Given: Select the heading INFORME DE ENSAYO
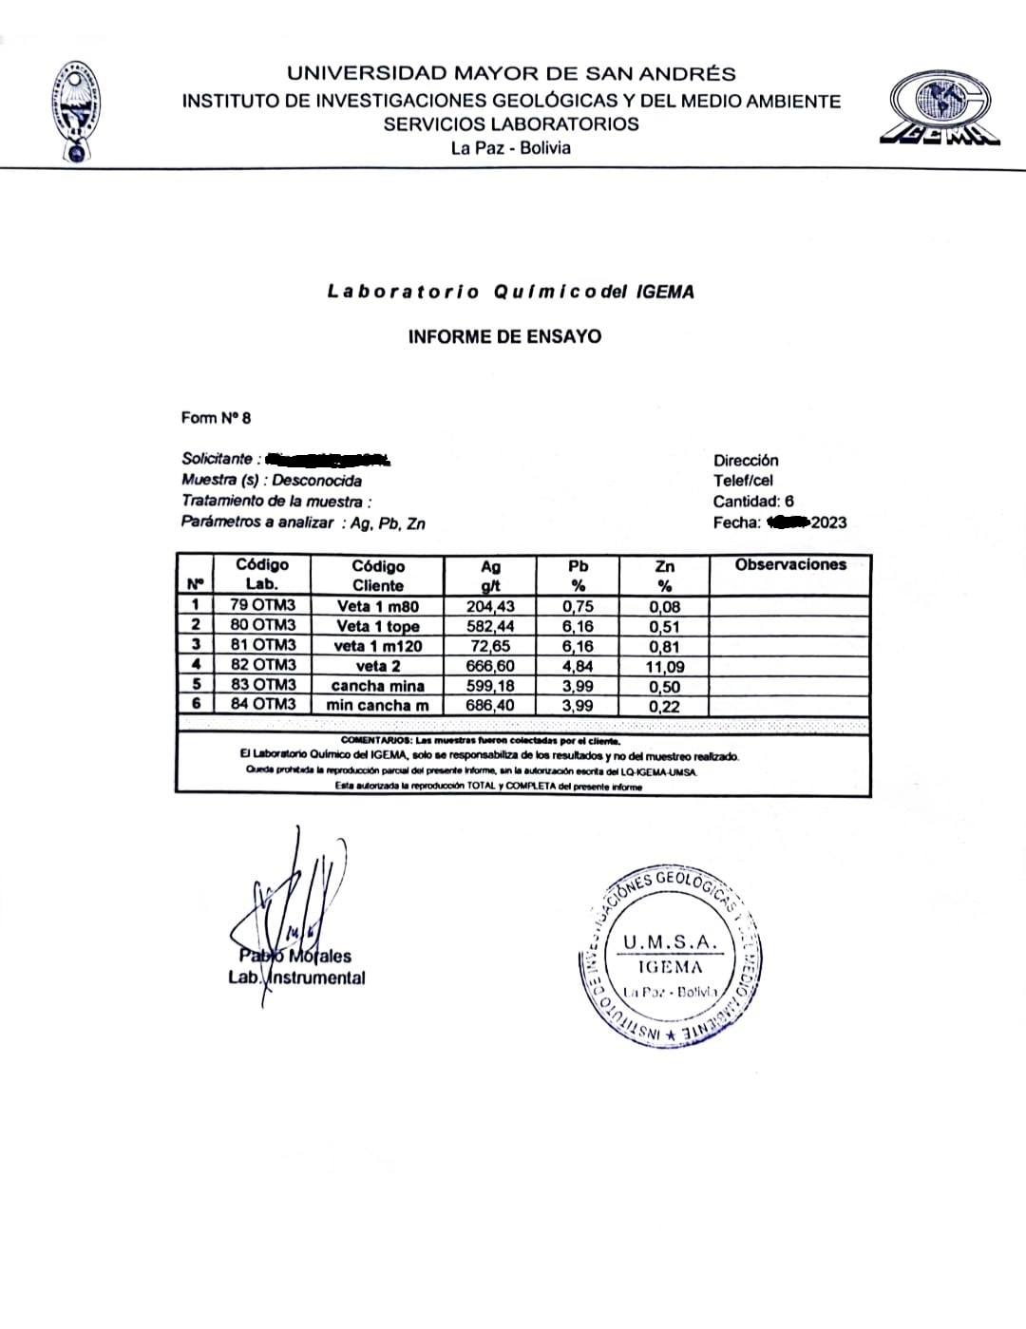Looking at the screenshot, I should click(504, 336).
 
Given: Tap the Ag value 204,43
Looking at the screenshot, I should click(490, 607).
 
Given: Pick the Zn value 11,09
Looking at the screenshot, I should click(665, 667).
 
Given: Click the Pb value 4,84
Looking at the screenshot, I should click(578, 666).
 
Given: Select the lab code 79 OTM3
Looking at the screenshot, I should click(262, 605).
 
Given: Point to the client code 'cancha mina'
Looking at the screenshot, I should click(378, 686).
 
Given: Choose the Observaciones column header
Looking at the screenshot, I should click(790, 564).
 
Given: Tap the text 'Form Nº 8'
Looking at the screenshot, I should click(217, 418).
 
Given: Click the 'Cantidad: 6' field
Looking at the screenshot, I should click(753, 502).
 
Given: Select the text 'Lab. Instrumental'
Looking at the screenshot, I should click(296, 978).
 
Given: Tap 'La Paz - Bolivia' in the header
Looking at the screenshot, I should click(511, 148).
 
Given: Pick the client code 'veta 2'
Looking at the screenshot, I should click(378, 666).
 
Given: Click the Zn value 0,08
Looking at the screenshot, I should click(665, 607).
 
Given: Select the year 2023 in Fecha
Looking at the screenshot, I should click(828, 522).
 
